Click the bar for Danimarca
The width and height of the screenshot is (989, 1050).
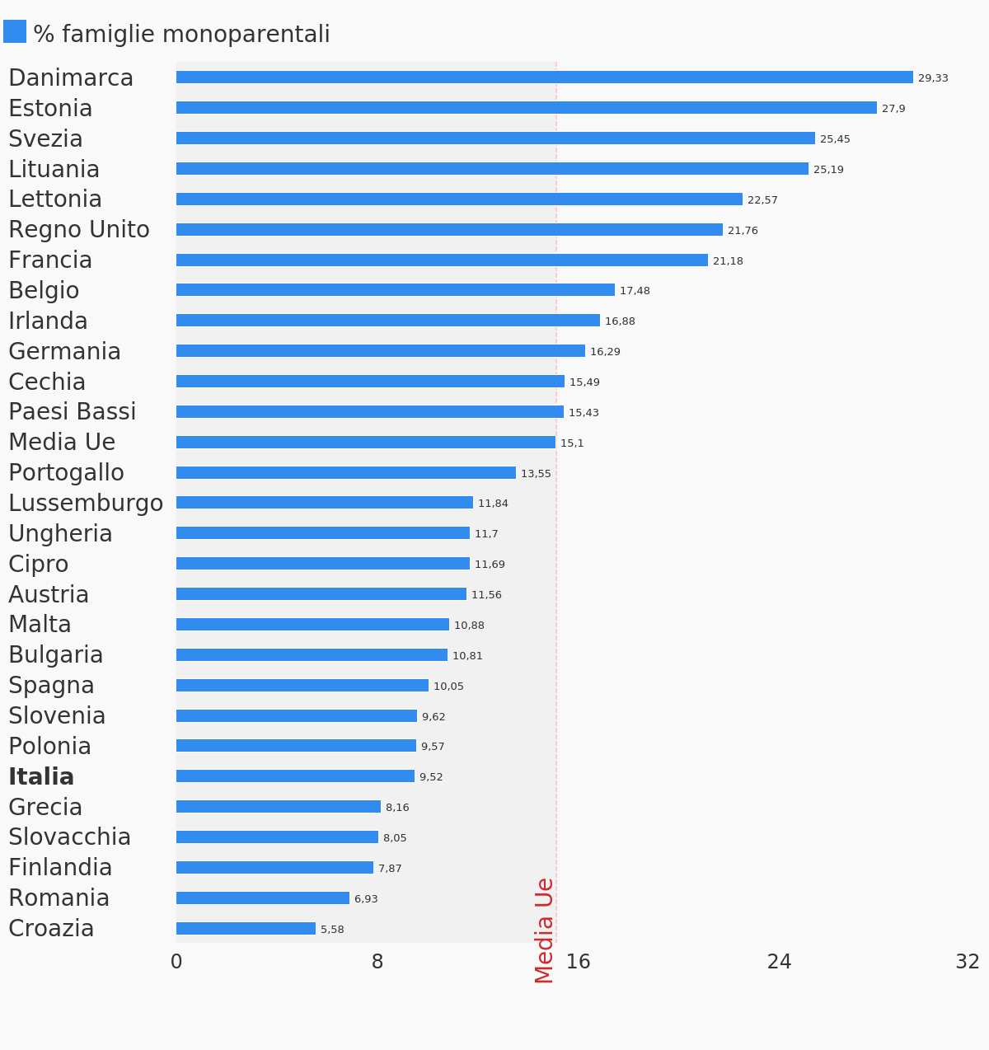pyautogui.click(x=544, y=77)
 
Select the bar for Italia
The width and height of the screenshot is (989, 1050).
pyautogui.click(x=295, y=776)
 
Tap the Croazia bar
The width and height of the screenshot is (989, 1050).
pyautogui.click(x=246, y=929)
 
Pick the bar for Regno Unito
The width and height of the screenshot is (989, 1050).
pyautogui.click(x=449, y=230)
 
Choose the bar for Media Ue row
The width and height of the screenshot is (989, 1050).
pyautogui.click(x=366, y=443)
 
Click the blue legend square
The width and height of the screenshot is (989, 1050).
pyautogui.click(x=15, y=32)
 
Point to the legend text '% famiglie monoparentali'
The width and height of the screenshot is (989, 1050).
pyautogui.click(x=181, y=35)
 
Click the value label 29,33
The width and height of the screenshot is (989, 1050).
pyautogui.click(x=933, y=78)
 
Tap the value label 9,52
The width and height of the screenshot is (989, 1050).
pyautogui.click(x=431, y=777)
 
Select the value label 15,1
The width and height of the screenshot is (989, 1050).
pyautogui.click(x=572, y=443)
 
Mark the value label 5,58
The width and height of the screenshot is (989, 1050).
pyautogui.click(x=332, y=930)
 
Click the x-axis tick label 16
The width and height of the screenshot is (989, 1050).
pyautogui.click(x=579, y=962)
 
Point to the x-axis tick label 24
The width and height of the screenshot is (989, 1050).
pyautogui.click(x=780, y=962)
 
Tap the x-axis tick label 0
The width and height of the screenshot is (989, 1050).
pyautogui.click(x=176, y=962)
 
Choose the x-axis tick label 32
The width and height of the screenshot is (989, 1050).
pyautogui.click(x=968, y=962)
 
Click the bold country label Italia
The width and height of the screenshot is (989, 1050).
pyautogui.click(x=41, y=777)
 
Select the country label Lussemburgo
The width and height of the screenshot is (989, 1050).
pyautogui.click(x=86, y=504)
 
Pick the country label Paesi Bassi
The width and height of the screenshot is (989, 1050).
pyautogui.click(x=73, y=412)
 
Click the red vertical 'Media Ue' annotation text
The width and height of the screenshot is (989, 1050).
pyautogui.click(x=545, y=930)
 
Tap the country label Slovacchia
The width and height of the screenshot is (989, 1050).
pyautogui.click(x=70, y=837)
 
